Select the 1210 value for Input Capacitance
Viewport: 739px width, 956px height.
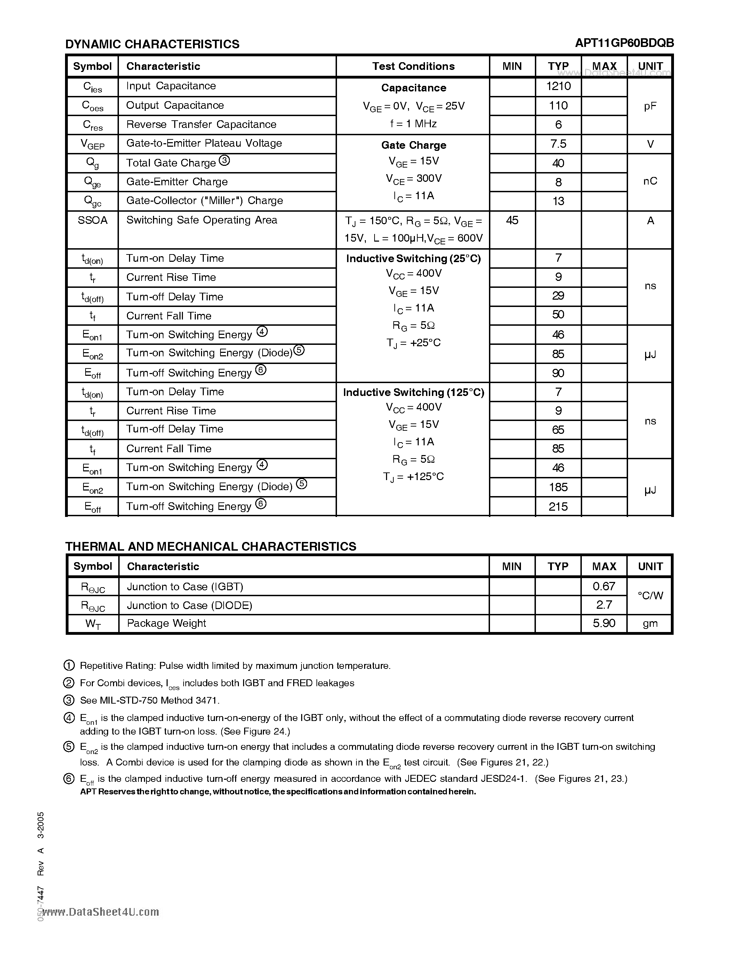click(x=558, y=86)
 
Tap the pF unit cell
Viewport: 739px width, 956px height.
click(x=650, y=106)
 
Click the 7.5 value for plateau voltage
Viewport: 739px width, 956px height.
click(x=558, y=144)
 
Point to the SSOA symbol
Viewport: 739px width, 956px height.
click(x=93, y=220)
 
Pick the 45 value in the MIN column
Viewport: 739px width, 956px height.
click(x=512, y=220)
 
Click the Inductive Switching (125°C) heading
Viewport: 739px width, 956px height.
click(x=413, y=392)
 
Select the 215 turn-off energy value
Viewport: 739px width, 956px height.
click(x=558, y=507)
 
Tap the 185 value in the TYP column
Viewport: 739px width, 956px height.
click(x=558, y=487)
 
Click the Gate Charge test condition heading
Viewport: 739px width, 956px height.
click(x=413, y=145)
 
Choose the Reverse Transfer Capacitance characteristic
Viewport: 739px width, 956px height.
click(x=201, y=125)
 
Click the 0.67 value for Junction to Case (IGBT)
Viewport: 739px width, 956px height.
click(x=604, y=586)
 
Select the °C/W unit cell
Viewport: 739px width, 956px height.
click(x=650, y=595)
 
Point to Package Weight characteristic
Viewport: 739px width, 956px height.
click(x=166, y=623)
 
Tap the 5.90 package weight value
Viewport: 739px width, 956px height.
click(x=604, y=623)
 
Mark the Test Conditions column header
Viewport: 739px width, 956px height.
click(x=413, y=66)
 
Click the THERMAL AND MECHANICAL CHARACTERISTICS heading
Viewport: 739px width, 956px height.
click(x=211, y=546)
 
